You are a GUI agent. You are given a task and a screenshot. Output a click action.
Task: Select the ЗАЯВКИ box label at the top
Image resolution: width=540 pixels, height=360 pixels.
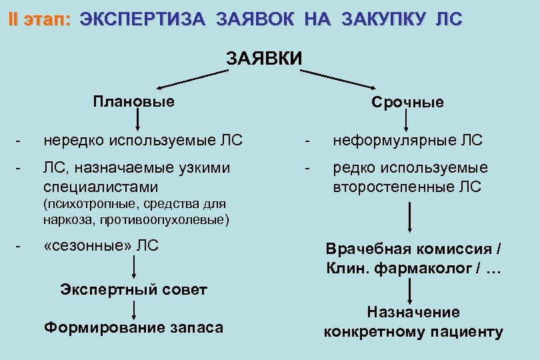[265, 59]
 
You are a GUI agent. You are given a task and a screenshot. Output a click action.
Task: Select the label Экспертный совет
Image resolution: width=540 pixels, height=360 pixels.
[133, 289]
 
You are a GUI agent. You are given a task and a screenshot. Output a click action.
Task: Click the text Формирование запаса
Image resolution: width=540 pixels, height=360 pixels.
[133, 328]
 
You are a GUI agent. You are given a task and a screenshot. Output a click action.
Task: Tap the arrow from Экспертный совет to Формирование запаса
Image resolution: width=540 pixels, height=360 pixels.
[135, 309]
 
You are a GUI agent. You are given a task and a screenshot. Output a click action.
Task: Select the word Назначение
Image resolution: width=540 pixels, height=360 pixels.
[413, 312]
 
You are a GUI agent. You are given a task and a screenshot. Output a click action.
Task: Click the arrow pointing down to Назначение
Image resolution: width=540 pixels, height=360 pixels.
[409, 291]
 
